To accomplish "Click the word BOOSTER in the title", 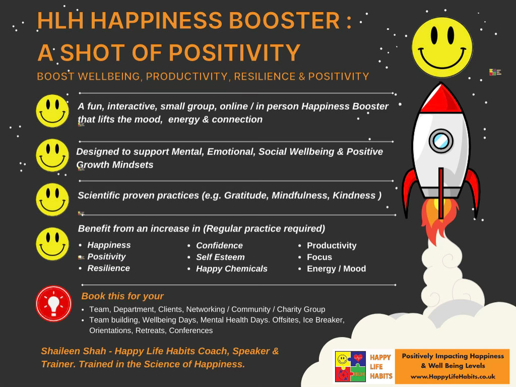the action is tap(284, 21).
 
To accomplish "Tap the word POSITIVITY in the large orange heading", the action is tap(235, 53).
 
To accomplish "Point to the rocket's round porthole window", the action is tap(441, 141).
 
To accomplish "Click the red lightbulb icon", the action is tap(53, 303).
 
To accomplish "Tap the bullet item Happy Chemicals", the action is tap(232, 268).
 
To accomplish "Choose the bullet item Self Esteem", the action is tap(221, 257).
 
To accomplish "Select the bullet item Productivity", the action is tap(332, 246).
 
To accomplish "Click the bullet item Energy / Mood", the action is tap(336, 268).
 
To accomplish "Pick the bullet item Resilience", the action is tap(109, 268).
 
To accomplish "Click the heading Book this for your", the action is tap(122, 296).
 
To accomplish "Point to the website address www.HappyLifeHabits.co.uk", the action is tap(453, 376).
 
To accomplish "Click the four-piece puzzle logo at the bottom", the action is tap(351, 366).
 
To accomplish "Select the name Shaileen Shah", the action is tap(74, 351).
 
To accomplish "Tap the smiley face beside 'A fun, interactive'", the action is tap(52, 111).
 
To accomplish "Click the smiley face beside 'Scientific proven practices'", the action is tap(52, 200).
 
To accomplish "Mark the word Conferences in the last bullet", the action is tap(191, 330).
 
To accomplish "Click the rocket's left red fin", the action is tap(410, 191).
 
